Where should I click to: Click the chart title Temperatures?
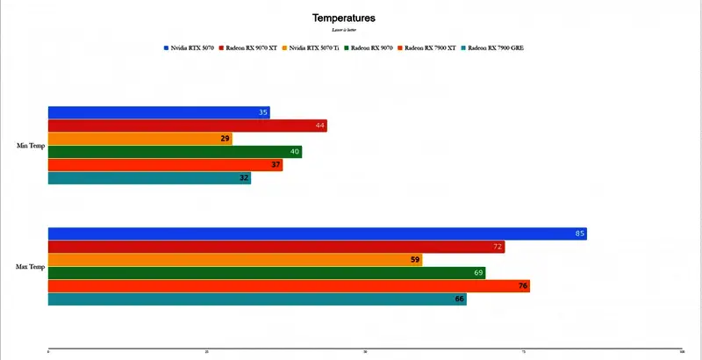click(344, 18)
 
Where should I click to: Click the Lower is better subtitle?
click(344, 30)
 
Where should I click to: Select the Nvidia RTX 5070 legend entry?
click(190, 47)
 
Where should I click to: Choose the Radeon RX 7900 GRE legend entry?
click(495, 47)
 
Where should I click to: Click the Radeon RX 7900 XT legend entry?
click(430, 47)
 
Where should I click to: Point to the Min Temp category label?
click(31, 146)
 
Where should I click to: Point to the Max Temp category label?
click(31, 266)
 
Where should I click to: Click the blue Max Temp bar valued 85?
click(317, 234)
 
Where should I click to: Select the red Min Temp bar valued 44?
click(187, 126)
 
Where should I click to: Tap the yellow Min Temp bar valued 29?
click(140, 139)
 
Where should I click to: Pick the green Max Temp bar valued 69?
click(266, 273)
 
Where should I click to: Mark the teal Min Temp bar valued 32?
click(149, 178)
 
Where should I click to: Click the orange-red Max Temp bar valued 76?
click(289, 286)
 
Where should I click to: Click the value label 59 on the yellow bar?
click(415, 260)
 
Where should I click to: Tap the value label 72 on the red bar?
click(498, 247)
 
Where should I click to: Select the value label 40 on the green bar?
click(295, 152)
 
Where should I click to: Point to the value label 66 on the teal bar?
click(459, 299)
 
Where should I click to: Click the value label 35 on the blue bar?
click(263, 112)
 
